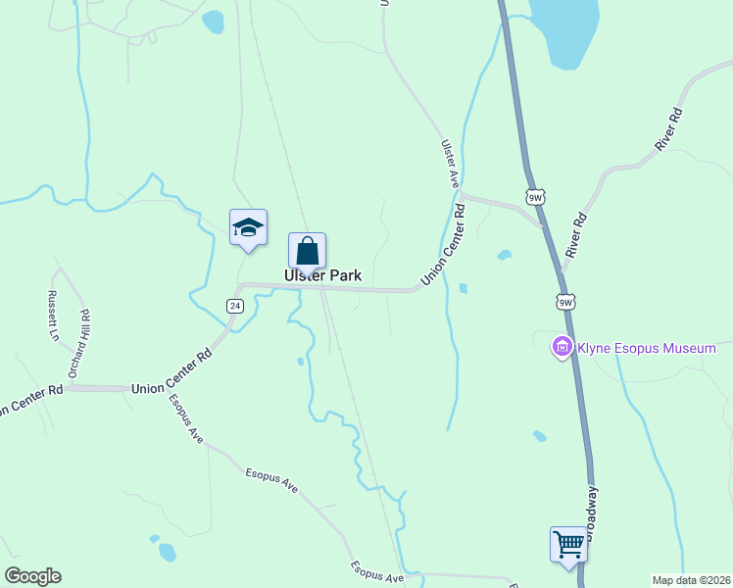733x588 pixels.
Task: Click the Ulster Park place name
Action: coord(322,276)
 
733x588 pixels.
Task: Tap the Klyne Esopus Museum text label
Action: coord(647,348)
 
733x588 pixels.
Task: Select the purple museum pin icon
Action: coord(562,347)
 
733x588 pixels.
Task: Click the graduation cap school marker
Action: coord(249,228)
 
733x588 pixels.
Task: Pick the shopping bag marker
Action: coord(307,251)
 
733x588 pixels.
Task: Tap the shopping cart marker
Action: coord(568,543)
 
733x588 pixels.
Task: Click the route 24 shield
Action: coord(234,306)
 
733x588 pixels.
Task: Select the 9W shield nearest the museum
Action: coord(565,303)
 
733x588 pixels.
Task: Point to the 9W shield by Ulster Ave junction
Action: coord(534,197)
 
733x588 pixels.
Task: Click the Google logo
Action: coord(32,576)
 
